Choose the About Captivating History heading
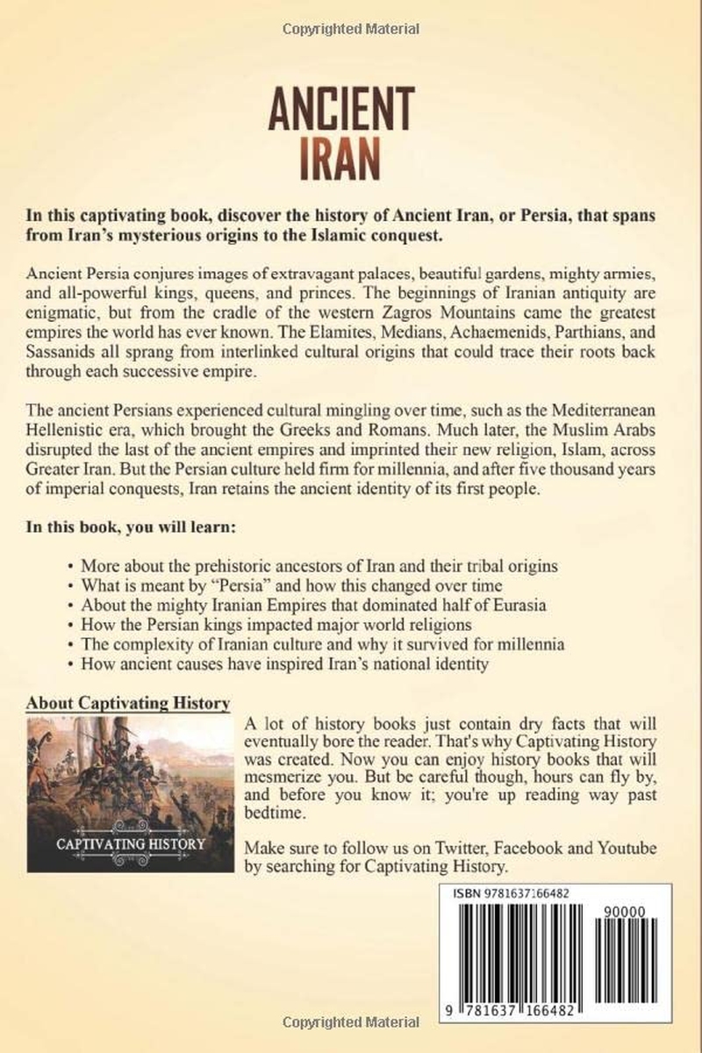[x=128, y=703]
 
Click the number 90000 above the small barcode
[x=626, y=912]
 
